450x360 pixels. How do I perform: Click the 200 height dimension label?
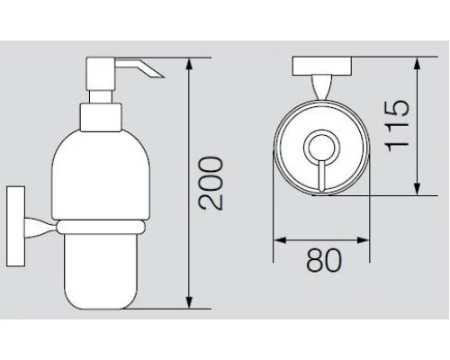(x=211, y=183)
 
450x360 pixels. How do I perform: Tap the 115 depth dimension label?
(x=397, y=126)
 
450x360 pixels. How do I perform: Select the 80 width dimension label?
(x=324, y=260)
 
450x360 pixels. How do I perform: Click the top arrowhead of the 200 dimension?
(x=189, y=65)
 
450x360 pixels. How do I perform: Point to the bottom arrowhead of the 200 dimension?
(x=189, y=301)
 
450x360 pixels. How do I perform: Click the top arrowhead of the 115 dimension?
(x=417, y=64)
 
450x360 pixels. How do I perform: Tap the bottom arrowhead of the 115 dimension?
(x=417, y=188)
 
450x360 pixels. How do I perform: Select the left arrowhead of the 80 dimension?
(x=281, y=240)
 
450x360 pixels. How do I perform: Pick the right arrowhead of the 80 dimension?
(x=362, y=240)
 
